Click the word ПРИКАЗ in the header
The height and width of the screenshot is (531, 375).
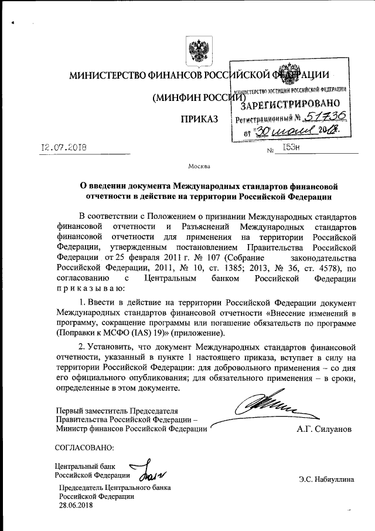click(200, 120)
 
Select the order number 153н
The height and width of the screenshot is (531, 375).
click(291, 149)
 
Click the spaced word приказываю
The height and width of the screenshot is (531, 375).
click(90, 289)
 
